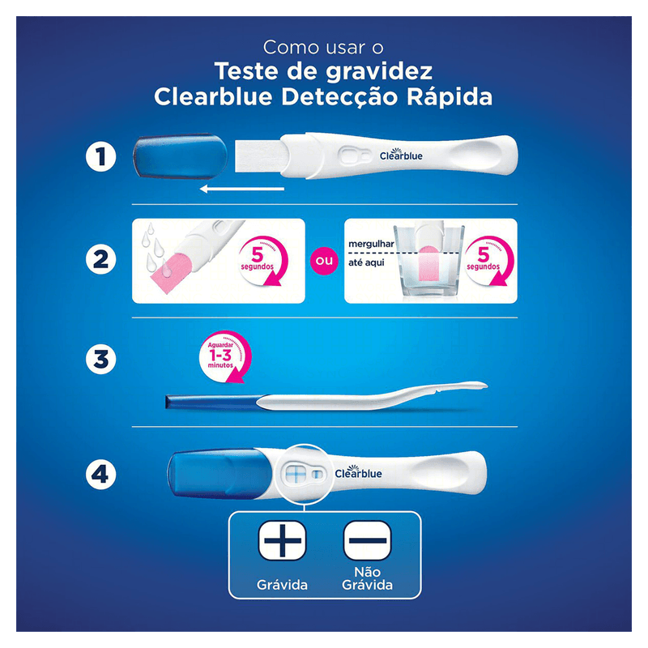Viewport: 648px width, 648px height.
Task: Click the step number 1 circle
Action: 100,156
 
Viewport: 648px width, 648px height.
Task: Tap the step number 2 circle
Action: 100,259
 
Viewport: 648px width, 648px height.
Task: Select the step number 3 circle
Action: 100,359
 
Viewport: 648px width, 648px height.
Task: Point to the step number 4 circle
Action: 100,475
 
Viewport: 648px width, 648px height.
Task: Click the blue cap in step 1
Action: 180,156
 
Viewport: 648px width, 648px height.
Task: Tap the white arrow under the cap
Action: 241,189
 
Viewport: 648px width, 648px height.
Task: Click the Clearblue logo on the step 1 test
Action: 401,154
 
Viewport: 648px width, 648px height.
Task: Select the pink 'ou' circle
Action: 324,261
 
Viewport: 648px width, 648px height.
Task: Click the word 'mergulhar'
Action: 371,244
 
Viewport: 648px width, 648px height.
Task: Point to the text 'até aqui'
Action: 366,262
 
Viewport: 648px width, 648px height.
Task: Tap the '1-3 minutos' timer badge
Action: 225,356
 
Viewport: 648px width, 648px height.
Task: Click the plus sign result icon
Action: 282,540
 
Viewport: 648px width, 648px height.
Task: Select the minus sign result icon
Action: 368,540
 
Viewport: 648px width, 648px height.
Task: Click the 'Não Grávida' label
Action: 367,578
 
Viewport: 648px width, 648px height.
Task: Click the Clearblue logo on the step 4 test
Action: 358,472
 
